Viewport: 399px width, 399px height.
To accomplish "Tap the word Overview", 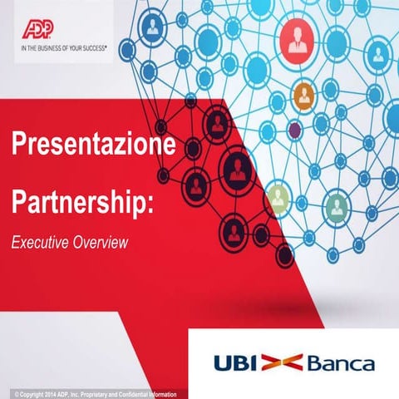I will tap(101, 243).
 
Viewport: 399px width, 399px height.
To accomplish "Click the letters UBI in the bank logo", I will tap(234, 363).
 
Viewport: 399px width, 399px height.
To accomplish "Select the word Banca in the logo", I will tap(340, 363).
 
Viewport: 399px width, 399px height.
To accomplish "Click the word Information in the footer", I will tap(171, 393).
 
